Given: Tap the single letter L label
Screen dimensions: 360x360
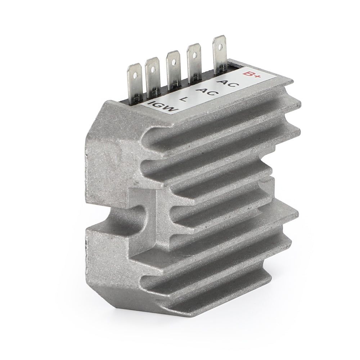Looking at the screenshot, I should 184,98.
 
